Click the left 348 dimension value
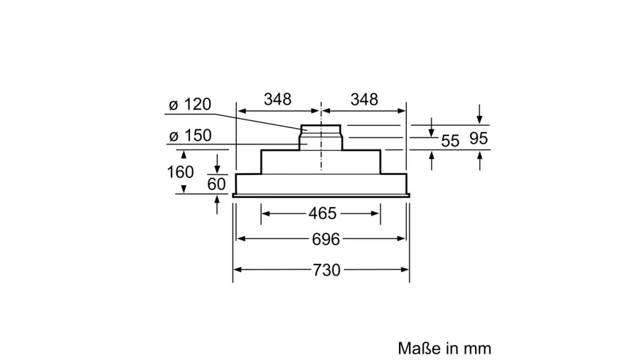coord(277,99)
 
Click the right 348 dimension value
coord(364,99)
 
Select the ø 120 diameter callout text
coord(190,105)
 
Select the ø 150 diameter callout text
coord(190,135)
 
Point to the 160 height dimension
coord(180,172)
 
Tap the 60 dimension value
coord(216,184)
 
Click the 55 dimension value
coord(450,141)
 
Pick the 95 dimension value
coord(479,138)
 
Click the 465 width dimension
coord(322,213)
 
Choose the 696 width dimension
coord(326,239)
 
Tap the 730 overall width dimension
coord(326,270)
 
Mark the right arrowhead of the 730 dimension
coord(405,270)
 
